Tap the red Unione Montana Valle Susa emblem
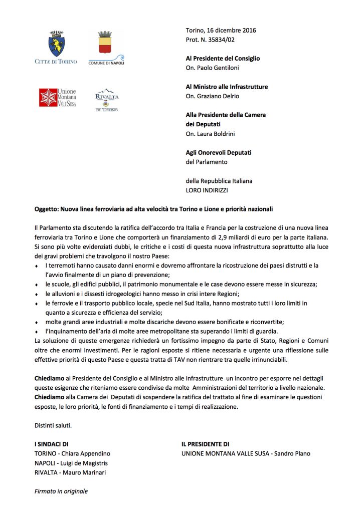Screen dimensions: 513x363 click(x=49, y=98)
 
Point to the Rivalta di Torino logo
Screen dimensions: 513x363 click(x=106, y=99)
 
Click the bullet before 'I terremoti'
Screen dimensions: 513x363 click(x=37, y=265)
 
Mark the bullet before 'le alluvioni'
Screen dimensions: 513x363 click(x=37, y=294)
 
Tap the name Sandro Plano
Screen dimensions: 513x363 click(x=293, y=453)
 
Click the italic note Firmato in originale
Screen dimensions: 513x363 click(x=61, y=491)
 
